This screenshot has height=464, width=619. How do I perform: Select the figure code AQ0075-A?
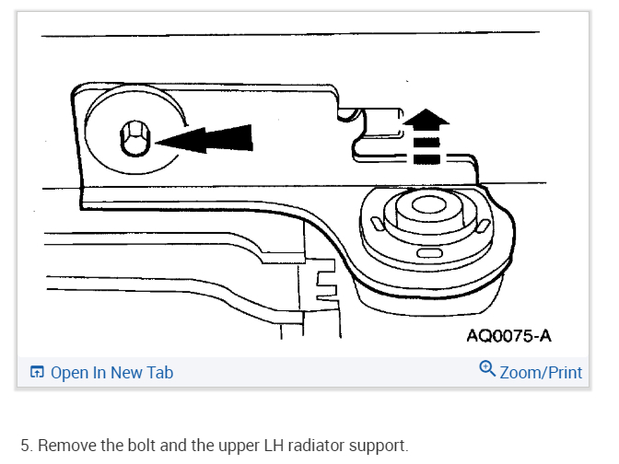coord(508,335)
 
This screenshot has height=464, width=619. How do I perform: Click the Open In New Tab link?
coord(111,372)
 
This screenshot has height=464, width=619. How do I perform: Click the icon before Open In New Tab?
coord(37,372)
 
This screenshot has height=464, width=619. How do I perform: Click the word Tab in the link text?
coord(159,372)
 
